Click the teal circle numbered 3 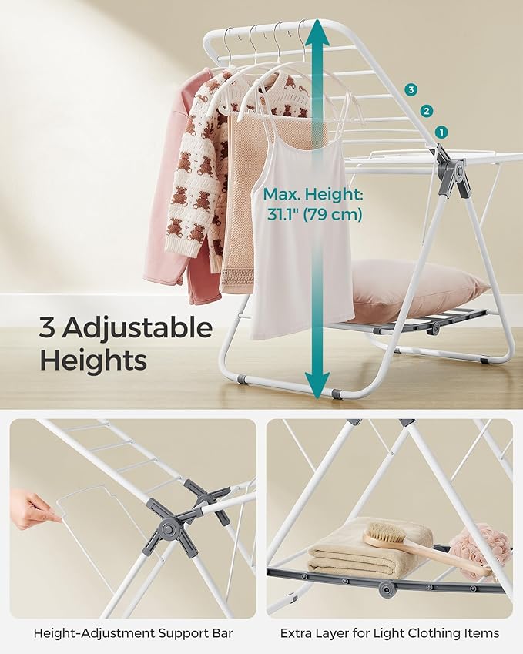411,89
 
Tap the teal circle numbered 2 426,112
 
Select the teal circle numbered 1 441,132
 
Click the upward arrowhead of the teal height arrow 317,32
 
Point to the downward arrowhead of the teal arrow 317,384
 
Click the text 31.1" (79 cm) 314,214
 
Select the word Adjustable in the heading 137,328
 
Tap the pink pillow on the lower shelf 417,288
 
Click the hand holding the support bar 32,509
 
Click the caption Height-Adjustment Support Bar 133,633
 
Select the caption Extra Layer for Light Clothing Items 390,633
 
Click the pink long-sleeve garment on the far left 175,188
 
